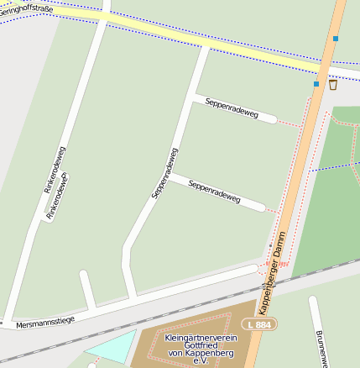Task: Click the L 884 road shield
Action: point(258,323)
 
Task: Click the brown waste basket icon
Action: point(333,84)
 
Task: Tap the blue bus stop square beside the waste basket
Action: point(316,84)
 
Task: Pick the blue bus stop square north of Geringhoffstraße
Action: point(336,39)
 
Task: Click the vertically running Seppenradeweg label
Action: point(164,173)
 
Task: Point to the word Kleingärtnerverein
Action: point(201,338)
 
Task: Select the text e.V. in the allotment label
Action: point(200,361)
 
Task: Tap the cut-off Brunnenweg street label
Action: point(320,349)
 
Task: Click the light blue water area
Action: point(109,347)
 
